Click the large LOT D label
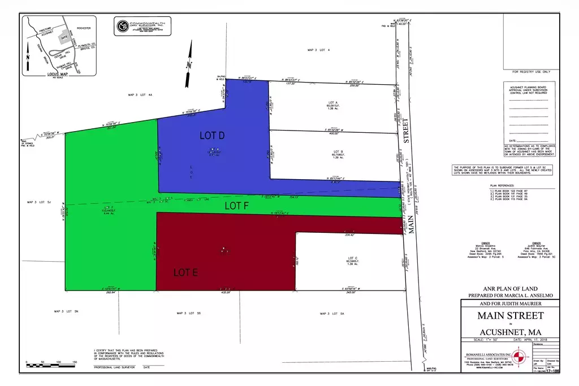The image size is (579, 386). pyautogui.click(x=213, y=136)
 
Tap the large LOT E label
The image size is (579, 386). pyautogui.click(x=185, y=272)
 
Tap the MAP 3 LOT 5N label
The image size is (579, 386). pyautogui.click(x=66, y=311)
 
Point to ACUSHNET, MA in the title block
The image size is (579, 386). pyautogui.click(x=511, y=330)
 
